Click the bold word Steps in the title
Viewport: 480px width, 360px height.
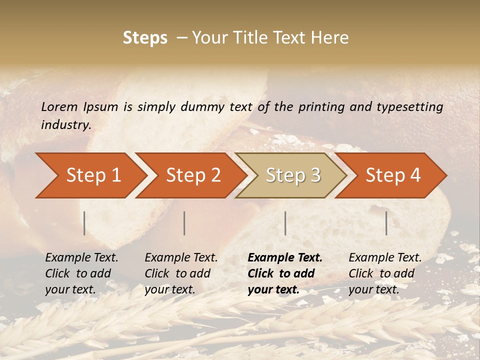(x=145, y=38)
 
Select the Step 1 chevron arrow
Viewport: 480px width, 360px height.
(x=93, y=175)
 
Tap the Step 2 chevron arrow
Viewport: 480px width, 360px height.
(x=193, y=175)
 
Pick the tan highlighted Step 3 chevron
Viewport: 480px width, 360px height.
(x=293, y=175)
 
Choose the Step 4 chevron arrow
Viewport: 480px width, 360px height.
(x=393, y=175)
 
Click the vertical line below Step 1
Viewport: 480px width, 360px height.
(x=84, y=223)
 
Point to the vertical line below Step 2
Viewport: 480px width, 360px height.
(x=184, y=223)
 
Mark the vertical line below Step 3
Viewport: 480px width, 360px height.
(x=285, y=223)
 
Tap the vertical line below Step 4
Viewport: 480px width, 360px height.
(x=386, y=223)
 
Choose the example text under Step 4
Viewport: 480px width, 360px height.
(x=385, y=273)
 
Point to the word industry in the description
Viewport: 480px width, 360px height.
(x=66, y=125)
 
